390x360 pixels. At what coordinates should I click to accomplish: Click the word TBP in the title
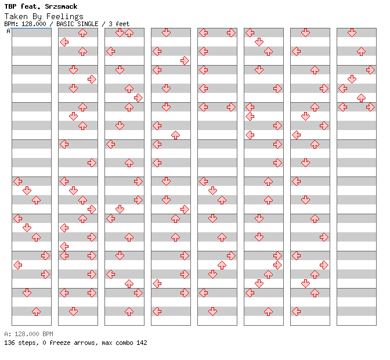click(10, 6)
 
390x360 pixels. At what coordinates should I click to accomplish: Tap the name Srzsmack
click(61, 6)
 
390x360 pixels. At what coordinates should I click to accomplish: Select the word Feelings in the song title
click(64, 17)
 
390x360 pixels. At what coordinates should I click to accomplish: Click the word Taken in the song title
click(16, 16)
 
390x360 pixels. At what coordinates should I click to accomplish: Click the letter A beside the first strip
click(9, 31)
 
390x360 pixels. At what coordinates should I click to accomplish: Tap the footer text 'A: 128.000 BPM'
click(28, 334)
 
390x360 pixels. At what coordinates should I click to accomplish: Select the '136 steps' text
click(21, 343)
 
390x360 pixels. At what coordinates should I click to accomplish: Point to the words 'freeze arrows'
click(72, 343)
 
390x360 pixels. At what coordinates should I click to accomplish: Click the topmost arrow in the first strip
click(17, 181)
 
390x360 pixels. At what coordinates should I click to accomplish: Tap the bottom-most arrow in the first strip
click(37, 311)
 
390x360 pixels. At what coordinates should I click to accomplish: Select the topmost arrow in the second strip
click(82, 33)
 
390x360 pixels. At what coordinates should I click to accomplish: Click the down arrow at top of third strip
click(120, 33)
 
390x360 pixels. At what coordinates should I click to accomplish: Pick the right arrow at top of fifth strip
click(231, 33)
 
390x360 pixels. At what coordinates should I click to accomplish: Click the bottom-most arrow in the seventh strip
click(296, 311)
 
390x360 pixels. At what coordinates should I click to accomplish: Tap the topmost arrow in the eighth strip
click(352, 33)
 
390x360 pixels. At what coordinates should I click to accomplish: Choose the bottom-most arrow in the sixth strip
click(268, 311)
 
